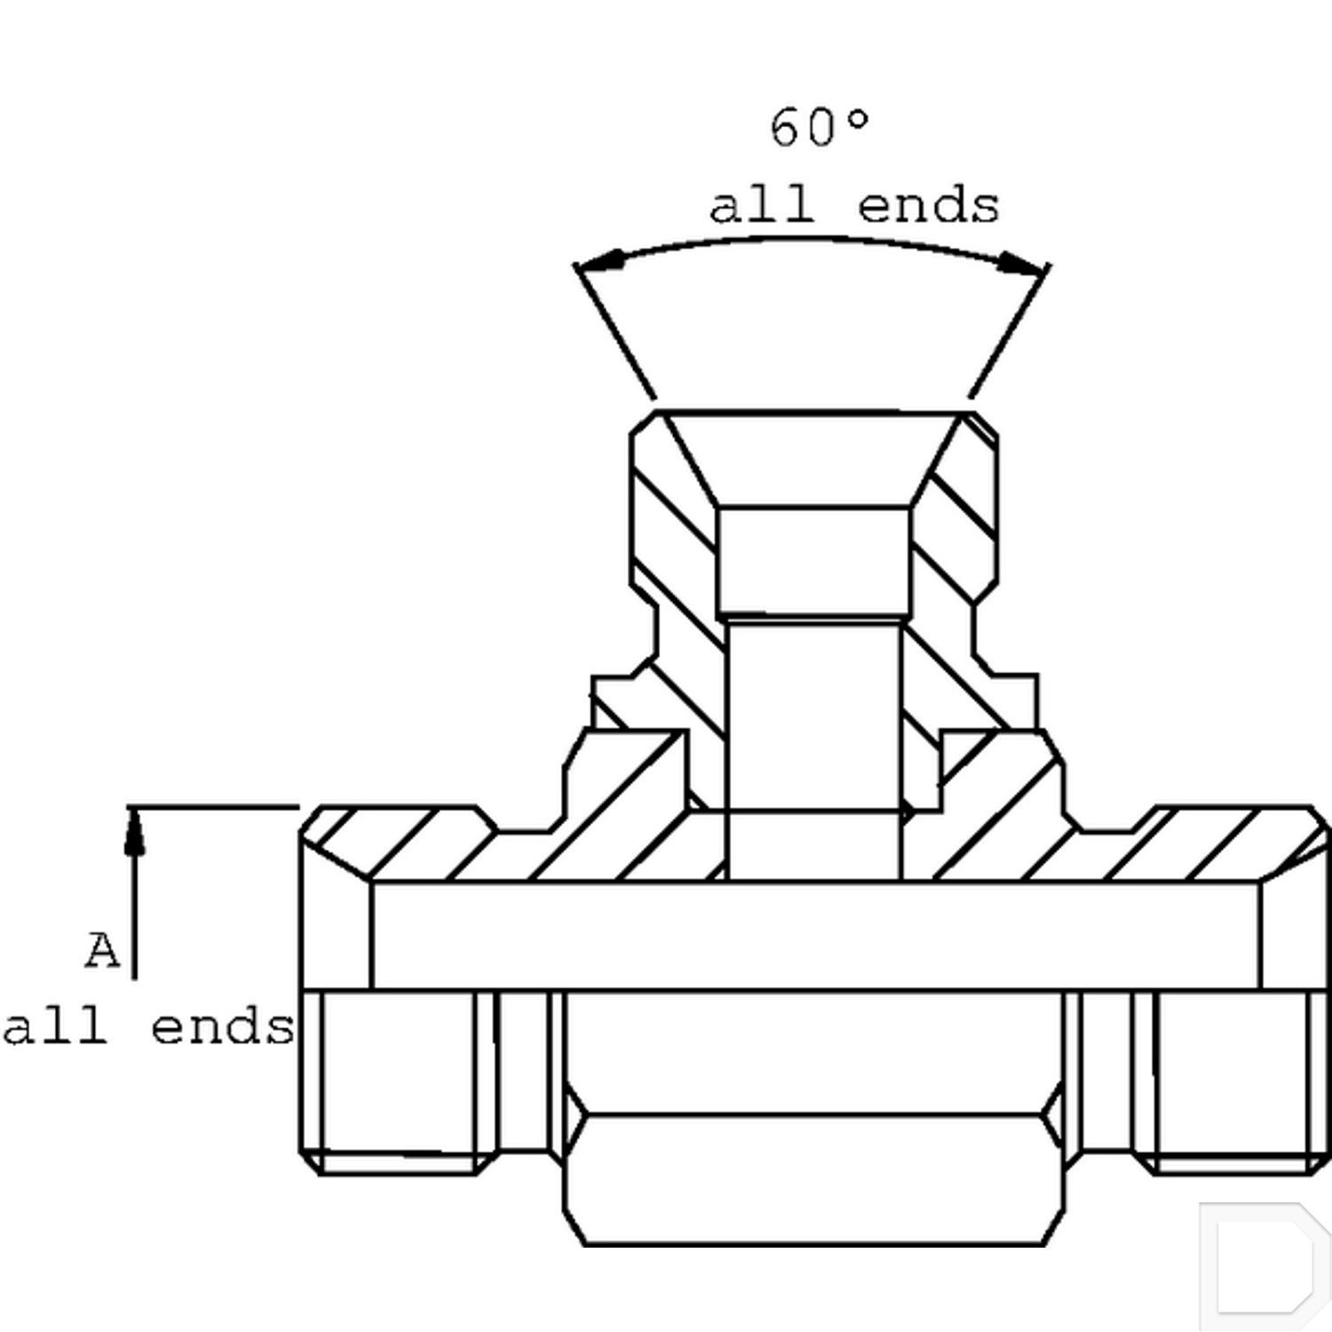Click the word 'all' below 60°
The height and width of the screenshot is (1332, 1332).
click(761, 206)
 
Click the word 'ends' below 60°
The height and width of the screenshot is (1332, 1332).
click(928, 206)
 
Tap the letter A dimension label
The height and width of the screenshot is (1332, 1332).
click(102, 951)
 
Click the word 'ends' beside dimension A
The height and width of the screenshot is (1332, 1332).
click(222, 1027)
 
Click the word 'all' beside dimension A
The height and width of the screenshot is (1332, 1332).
click(55, 1027)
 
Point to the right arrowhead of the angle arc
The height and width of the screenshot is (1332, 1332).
click(1019, 263)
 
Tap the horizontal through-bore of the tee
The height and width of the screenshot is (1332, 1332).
click(814, 935)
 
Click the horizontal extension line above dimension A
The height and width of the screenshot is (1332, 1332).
click(213, 807)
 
